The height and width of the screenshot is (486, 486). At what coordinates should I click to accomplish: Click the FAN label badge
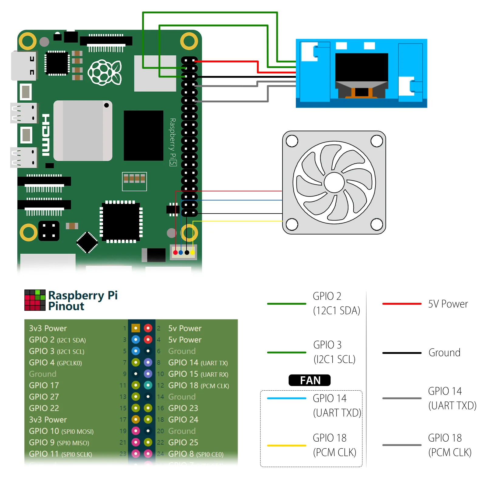coord(310,380)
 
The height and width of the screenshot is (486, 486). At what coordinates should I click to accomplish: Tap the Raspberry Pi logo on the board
coord(104,73)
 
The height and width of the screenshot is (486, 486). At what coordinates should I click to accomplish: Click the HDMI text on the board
coord(46,135)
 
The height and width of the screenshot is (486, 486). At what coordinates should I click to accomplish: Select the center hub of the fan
coord(334,183)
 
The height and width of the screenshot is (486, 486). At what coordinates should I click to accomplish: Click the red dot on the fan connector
coord(175,252)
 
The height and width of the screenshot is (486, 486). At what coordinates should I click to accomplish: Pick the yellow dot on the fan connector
coord(193,252)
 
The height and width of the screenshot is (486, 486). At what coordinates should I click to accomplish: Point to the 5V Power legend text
coord(448,304)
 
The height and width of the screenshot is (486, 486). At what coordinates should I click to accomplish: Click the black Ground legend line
coord(402,353)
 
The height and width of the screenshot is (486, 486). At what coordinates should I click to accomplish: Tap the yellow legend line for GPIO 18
coord(286,446)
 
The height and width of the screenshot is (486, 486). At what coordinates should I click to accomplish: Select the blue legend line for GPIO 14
coord(286,398)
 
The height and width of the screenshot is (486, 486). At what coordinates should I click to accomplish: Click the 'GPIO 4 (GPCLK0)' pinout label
coord(55,363)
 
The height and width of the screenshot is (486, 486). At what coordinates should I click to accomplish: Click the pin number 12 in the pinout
coord(160,385)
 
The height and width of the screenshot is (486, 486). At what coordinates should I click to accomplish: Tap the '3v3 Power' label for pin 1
coord(48,328)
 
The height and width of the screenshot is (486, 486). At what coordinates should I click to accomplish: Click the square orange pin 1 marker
coord(136,328)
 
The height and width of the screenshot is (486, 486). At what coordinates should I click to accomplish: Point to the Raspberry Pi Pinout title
coord(83,300)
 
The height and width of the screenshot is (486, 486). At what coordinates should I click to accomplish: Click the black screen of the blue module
coord(361,67)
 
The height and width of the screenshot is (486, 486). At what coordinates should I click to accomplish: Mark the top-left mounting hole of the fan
coord(292,141)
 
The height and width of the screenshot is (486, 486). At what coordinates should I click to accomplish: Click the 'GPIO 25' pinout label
coord(183,443)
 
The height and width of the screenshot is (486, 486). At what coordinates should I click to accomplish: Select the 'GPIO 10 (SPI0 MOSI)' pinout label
coord(61,431)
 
